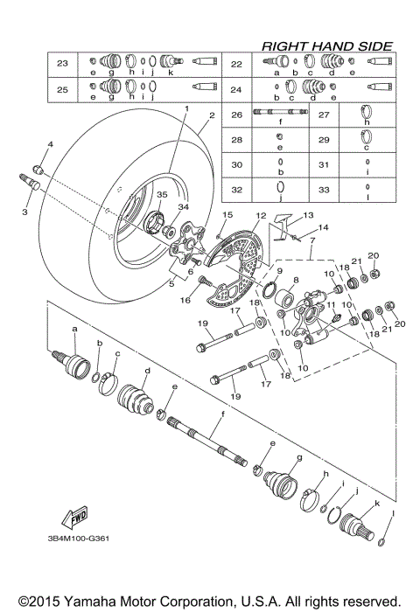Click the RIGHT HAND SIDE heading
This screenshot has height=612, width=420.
pyautogui.click(x=327, y=45)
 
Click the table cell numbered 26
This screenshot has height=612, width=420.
pyautogui.click(x=236, y=115)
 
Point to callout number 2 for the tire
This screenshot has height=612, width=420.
pyautogui.click(x=211, y=115)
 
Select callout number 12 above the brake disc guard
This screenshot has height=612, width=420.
pyautogui.click(x=260, y=215)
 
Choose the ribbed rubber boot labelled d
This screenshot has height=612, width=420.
pyautogui.click(x=137, y=399)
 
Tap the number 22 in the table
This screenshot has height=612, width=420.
pyautogui.click(x=236, y=64)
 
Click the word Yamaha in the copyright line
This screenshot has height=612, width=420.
pyautogui.click(x=90, y=602)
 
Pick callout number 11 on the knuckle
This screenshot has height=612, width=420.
pyautogui.click(x=331, y=305)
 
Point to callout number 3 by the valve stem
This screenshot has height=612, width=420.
pyautogui.click(x=24, y=212)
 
